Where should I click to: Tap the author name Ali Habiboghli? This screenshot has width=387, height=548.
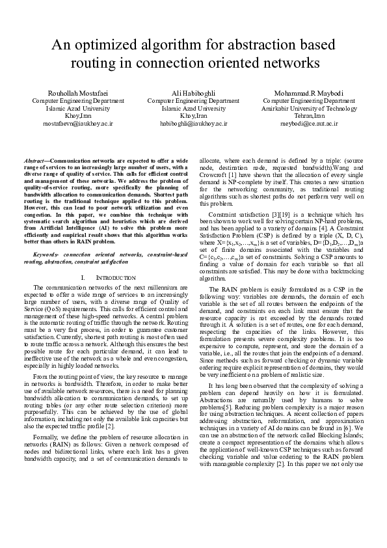pos(193,92)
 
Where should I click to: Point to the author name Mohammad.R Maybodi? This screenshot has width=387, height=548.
pos(309,92)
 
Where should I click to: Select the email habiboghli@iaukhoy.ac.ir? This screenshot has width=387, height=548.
pos(193,122)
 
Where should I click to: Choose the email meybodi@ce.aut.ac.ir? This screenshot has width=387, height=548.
pos(309,122)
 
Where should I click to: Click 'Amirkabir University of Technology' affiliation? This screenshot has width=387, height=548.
pos(309,108)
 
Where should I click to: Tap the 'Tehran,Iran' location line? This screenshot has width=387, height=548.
pos(309,115)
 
